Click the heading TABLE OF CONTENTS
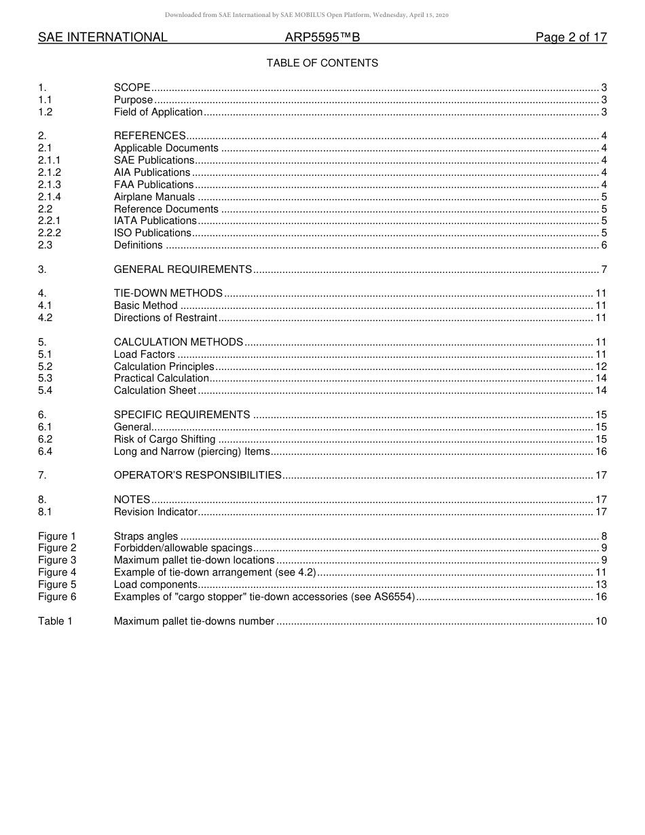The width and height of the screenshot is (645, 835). [x=322, y=63]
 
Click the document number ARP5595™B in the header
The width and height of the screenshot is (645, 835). [x=322, y=38]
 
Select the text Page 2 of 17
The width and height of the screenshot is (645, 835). [x=571, y=38]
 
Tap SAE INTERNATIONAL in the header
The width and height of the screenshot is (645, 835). [x=103, y=38]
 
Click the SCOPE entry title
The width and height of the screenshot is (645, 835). [x=132, y=88]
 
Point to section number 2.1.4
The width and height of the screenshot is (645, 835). [x=50, y=197]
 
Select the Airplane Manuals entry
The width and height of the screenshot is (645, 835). [x=154, y=197]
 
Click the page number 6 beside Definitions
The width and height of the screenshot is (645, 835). [x=604, y=245]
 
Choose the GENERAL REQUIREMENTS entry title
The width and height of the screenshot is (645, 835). [x=183, y=270]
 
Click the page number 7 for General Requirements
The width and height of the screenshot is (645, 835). [x=604, y=270]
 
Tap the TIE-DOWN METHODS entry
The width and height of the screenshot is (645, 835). [x=168, y=293]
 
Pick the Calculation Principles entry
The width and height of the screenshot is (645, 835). [x=164, y=367]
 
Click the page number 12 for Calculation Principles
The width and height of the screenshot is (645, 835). [x=601, y=367]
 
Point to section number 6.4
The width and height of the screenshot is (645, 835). [x=45, y=451]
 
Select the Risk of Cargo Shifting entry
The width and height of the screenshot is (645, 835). [x=164, y=439]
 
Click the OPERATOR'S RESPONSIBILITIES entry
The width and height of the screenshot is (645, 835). [x=198, y=475]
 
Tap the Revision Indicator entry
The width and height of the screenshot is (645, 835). [x=155, y=512]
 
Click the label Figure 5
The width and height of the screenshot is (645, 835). [x=57, y=584]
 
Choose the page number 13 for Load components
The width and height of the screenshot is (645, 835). [x=601, y=584]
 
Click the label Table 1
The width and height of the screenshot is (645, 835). [x=55, y=621]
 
